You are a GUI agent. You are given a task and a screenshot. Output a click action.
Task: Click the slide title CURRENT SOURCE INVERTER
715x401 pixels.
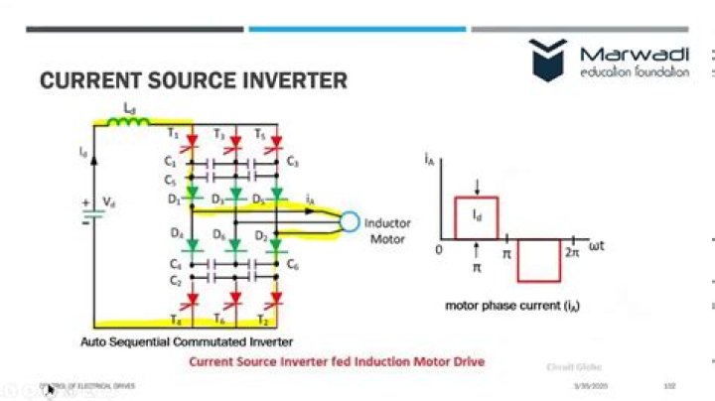click(x=193, y=80)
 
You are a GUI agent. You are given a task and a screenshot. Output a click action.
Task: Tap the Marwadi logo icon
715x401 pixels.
click(x=548, y=61)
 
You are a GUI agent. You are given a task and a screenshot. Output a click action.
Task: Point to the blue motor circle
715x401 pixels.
click(x=349, y=221)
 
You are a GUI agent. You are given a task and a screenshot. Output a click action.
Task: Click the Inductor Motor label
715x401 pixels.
click(x=386, y=230)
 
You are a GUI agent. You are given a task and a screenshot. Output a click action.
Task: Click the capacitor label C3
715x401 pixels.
click(x=292, y=161)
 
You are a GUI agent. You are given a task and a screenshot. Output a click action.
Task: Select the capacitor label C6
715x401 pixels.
click(x=292, y=264)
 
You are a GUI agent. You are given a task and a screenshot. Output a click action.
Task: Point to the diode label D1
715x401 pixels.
click(x=174, y=200)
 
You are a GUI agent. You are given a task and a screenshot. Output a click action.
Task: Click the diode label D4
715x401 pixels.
click(x=176, y=234)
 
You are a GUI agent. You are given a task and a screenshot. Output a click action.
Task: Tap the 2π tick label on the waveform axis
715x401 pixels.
click(x=571, y=254)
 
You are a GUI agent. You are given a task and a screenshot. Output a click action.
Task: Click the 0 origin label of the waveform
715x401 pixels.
click(x=438, y=252)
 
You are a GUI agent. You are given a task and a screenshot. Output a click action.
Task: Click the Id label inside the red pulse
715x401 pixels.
click(x=477, y=214)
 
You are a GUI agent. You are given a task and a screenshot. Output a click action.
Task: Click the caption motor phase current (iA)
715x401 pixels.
click(x=512, y=306)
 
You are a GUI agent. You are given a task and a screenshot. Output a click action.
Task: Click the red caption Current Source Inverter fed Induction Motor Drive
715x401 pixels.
click(x=337, y=362)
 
